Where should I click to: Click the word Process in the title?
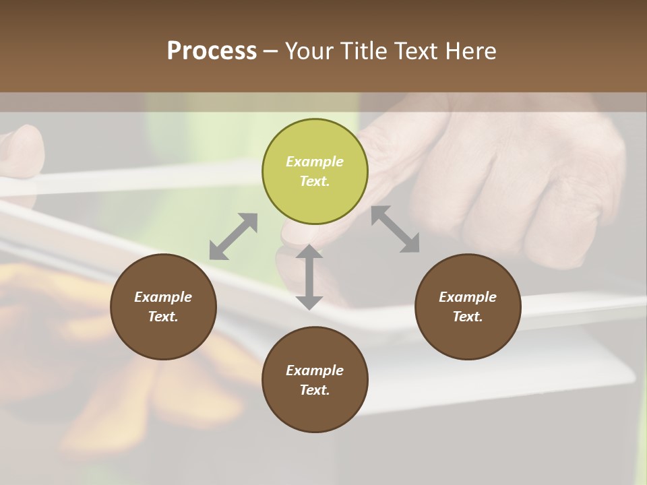tap(212, 51)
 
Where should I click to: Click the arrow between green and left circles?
tap(233, 236)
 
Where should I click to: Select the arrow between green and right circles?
tap(395, 229)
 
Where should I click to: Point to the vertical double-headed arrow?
tap(309, 278)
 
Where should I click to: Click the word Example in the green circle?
tap(315, 162)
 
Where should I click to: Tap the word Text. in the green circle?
tap(315, 181)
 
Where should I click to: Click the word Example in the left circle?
tap(163, 297)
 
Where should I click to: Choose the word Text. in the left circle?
tap(163, 317)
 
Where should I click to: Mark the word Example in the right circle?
tap(468, 297)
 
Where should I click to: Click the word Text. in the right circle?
tap(468, 317)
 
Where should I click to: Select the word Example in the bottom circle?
tap(315, 370)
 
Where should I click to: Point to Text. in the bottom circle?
tap(315, 390)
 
